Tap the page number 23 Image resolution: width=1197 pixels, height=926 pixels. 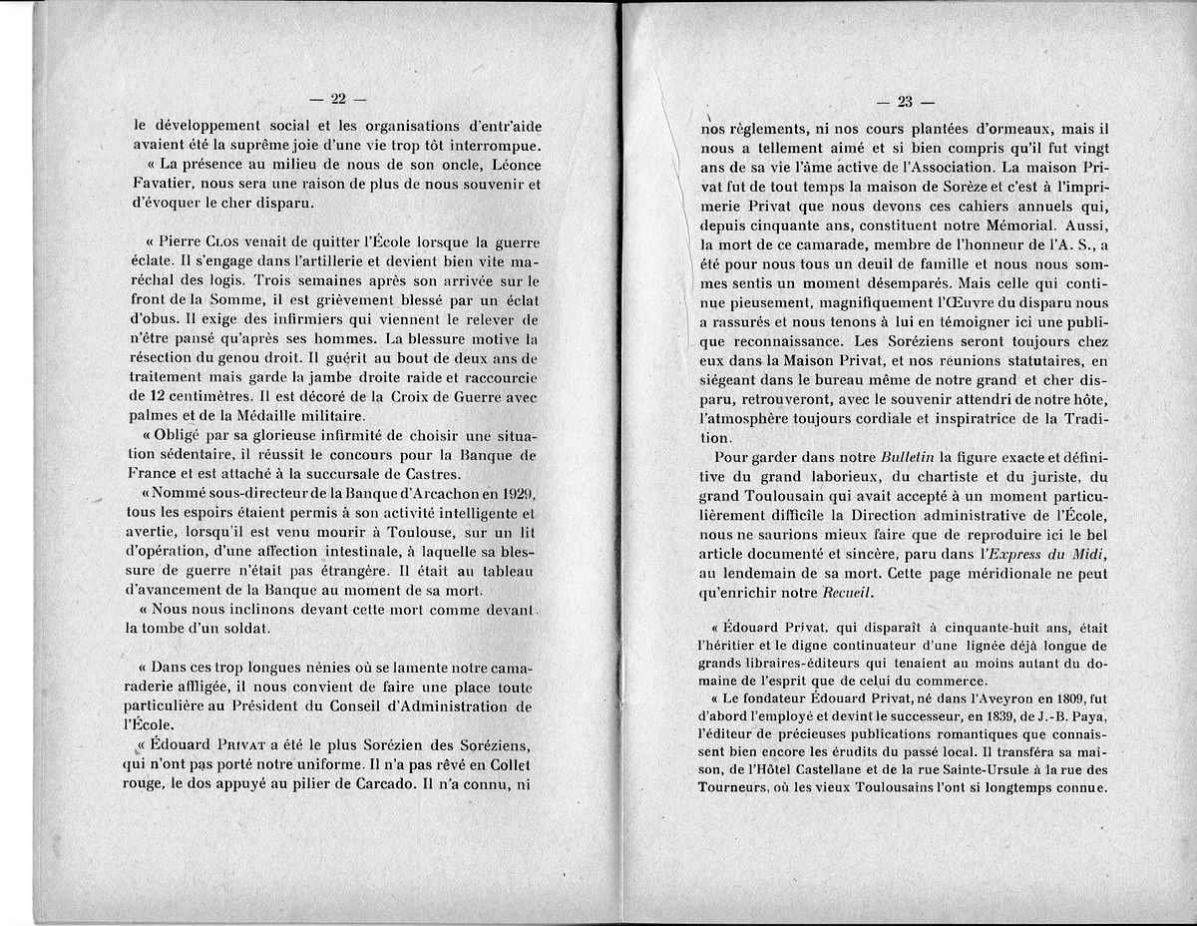click(x=906, y=101)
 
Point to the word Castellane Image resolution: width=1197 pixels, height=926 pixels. click(x=827, y=769)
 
